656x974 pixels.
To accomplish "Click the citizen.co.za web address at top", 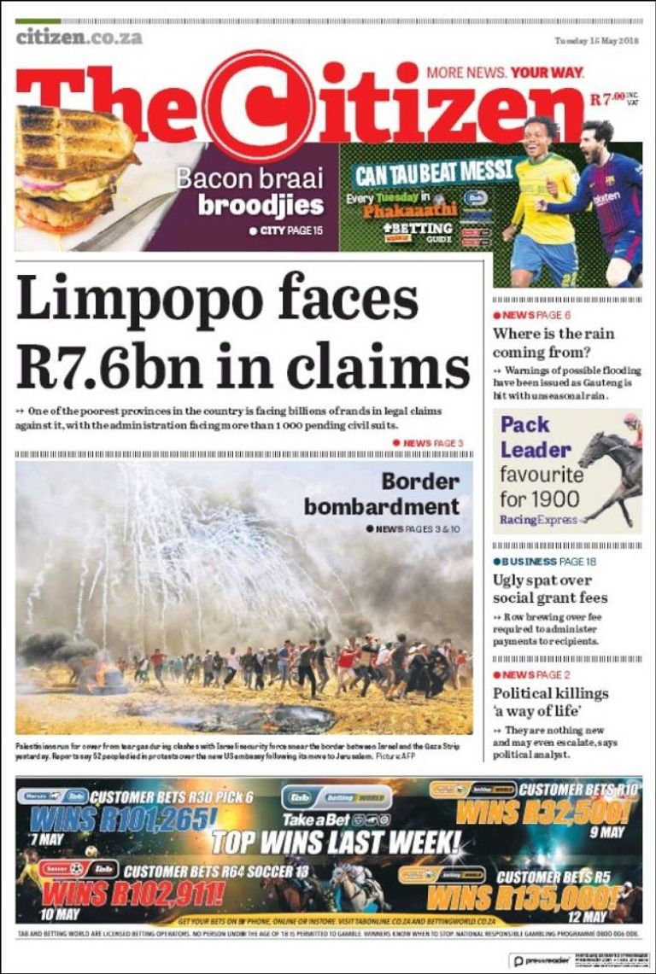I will pyautogui.click(x=79, y=37).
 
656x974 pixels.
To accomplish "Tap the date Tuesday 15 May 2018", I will pyautogui.click(x=597, y=40).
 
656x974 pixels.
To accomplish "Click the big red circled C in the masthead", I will pyautogui.click(x=257, y=106).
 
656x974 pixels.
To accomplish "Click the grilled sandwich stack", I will pyautogui.click(x=73, y=171).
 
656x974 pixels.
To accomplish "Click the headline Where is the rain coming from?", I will pyautogui.click(x=553, y=342).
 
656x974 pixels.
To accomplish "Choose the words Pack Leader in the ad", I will pyautogui.click(x=536, y=437).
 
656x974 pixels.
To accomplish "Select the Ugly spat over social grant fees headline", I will pyautogui.click(x=550, y=589).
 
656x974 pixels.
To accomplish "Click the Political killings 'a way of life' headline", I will pyautogui.click(x=550, y=703).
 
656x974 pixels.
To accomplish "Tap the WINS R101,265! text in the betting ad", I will pyautogui.click(x=121, y=819).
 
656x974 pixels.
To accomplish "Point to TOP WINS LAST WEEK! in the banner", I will pyautogui.click(x=335, y=843).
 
